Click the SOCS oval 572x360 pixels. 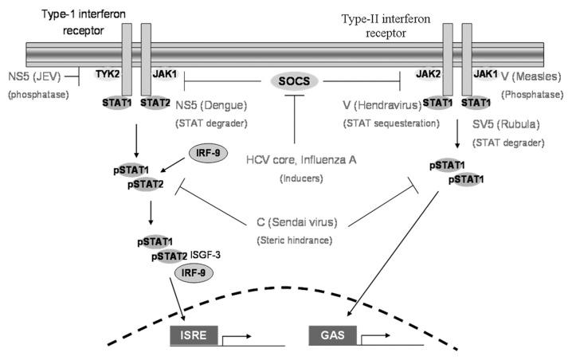click(x=295, y=80)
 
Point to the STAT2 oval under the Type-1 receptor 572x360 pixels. click(x=153, y=102)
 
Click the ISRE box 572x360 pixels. click(x=190, y=336)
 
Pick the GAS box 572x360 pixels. click(x=327, y=336)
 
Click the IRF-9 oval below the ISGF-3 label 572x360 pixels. click(x=192, y=272)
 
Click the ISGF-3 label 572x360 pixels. click(x=207, y=255)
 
